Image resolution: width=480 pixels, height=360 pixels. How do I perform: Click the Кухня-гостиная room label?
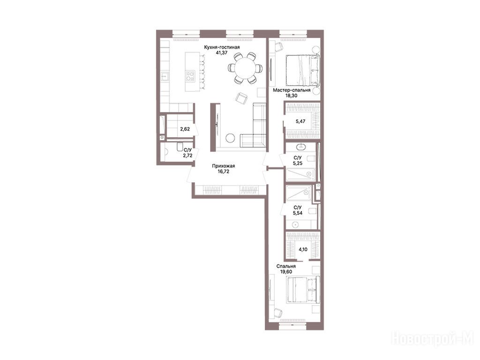click(x=222, y=47)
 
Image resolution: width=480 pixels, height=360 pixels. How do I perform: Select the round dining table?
click(x=245, y=68)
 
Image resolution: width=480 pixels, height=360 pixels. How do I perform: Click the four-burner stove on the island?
click(x=190, y=75)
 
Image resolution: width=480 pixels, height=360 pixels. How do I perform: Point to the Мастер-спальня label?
click(x=292, y=90)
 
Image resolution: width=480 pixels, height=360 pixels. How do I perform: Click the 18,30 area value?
click(x=291, y=96)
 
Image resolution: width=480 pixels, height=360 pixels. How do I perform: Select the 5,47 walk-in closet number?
click(x=300, y=121)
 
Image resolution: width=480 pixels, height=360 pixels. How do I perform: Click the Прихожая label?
click(x=224, y=166)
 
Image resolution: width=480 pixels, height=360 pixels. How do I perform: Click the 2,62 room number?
click(x=185, y=129)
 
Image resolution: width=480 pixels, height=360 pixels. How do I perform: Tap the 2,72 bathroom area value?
click(x=187, y=155)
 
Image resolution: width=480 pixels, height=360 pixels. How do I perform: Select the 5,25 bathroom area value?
click(x=298, y=163)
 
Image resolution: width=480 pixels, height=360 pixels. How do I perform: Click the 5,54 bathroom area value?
click(x=298, y=213)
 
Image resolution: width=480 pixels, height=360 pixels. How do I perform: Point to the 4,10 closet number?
click(x=303, y=249)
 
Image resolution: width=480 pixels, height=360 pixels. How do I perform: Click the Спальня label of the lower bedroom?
click(x=286, y=266)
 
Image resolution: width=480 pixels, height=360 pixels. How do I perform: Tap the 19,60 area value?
click(x=286, y=272)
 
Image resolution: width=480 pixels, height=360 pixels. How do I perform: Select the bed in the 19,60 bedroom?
click(x=303, y=290)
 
